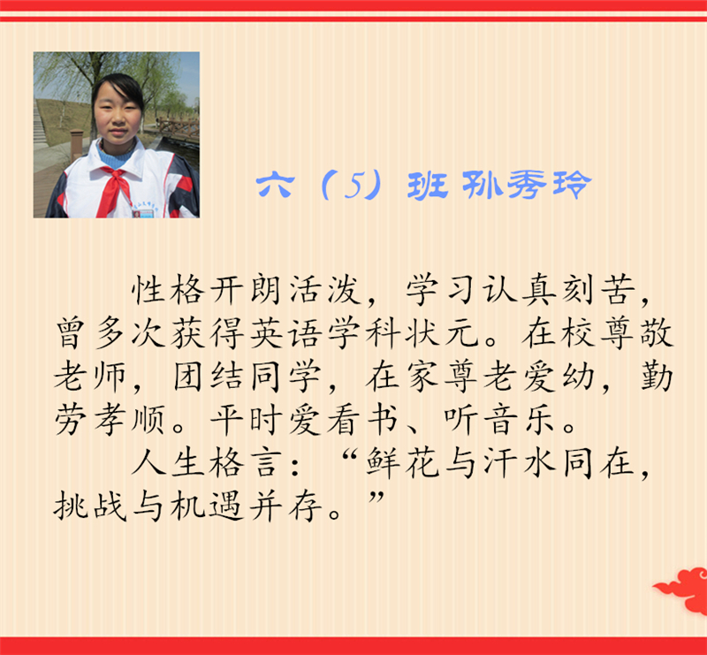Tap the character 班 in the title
[428, 186]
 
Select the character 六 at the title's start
[276, 186]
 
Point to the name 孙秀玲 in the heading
[527, 186]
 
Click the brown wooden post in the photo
[77, 144]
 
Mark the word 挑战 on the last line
[90, 507]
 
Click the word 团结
[209, 377]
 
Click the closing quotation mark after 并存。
[376, 498]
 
